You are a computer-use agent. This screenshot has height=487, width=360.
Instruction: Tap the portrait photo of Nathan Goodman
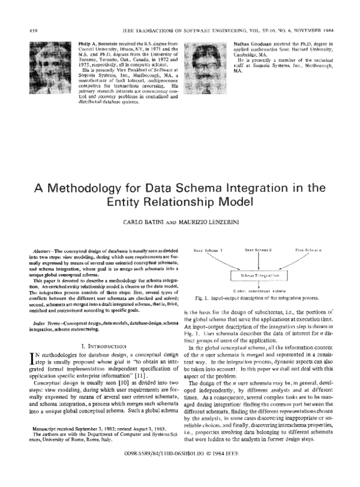206,58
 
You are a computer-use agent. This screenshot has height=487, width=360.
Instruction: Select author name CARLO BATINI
141,223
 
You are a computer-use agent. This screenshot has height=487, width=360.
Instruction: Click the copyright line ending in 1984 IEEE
179,472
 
